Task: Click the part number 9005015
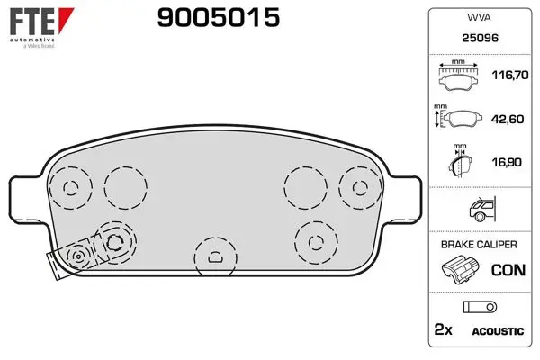click(219, 18)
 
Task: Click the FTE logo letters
click(32, 22)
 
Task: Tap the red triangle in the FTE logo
click(65, 20)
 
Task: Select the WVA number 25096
click(480, 38)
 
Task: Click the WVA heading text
click(479, 17)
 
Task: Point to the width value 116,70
click(510, 75)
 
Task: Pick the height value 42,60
click(508, 119)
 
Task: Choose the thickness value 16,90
click(507, 162)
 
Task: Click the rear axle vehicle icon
click(482, 209)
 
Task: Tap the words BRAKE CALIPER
click(479, 245)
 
